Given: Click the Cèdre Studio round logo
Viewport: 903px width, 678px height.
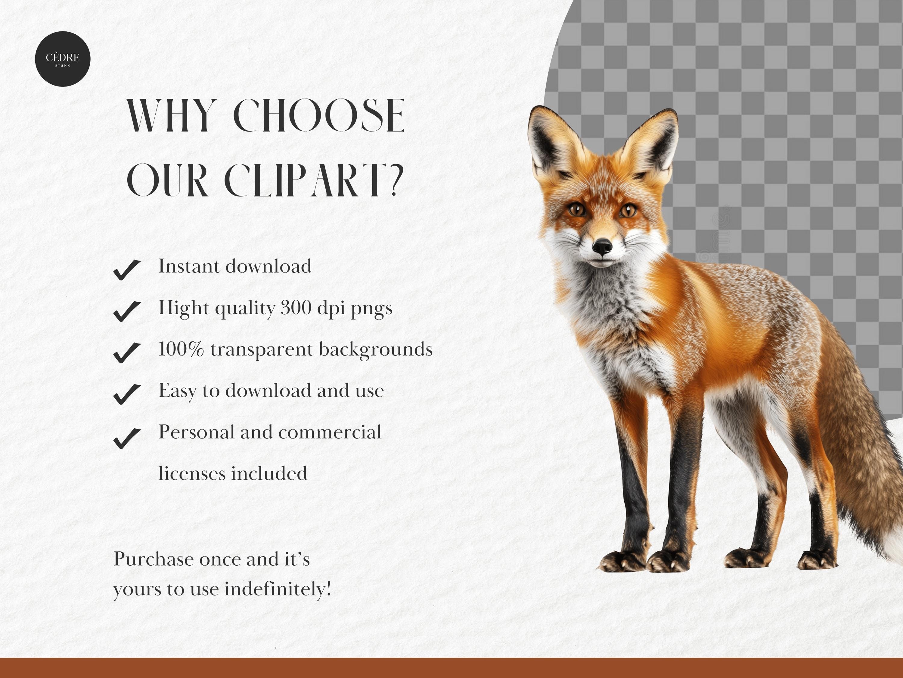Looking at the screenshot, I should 63,59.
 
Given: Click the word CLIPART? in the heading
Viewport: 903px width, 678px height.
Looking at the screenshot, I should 314,180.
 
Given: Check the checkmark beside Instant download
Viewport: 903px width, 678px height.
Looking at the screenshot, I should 127,270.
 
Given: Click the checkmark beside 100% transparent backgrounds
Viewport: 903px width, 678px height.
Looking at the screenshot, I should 127,352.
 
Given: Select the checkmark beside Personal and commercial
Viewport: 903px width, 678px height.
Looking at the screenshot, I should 127,438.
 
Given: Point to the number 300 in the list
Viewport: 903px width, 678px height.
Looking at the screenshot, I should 296,308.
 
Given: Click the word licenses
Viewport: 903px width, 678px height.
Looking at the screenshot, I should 191,473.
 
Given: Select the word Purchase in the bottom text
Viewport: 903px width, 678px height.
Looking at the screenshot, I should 153,559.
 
